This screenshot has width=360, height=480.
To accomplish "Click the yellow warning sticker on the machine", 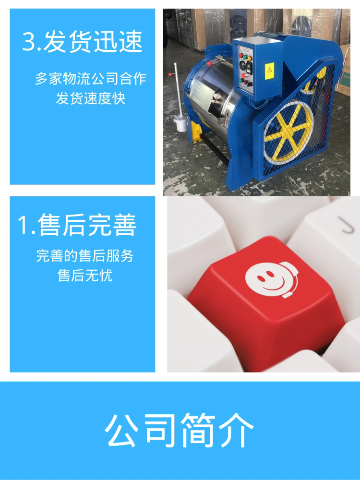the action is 269,71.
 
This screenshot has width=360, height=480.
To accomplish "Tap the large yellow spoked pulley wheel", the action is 288,132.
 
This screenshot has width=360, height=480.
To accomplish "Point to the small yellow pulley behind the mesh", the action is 314,80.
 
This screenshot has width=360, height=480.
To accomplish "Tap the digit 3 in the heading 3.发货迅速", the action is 30,41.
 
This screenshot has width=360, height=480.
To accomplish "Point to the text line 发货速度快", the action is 91,98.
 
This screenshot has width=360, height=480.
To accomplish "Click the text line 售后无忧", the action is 85,275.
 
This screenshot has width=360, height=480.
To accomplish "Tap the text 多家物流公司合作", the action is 91,79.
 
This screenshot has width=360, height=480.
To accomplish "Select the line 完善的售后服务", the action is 85,256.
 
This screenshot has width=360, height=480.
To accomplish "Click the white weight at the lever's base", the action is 181,123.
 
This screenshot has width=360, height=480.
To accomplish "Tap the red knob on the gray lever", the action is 170,74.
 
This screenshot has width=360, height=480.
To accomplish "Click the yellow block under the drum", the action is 196,132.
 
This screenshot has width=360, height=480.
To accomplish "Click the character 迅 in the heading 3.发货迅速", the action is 105,41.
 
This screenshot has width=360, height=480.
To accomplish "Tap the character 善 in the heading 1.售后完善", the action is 124,225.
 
